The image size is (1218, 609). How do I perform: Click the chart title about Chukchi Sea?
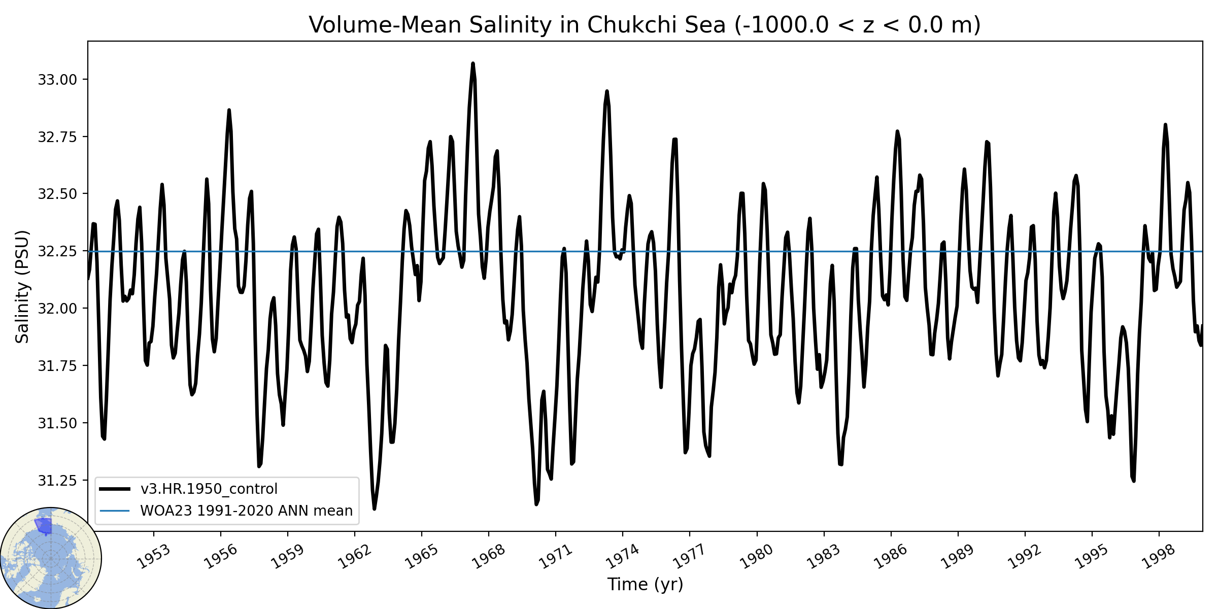click(x=645, y=24)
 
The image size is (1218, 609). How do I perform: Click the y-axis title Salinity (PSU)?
click(x=22, y=287)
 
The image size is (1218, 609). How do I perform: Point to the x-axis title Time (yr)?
click(x=645, y=584)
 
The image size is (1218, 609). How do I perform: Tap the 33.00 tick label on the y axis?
click(x=57, y=80)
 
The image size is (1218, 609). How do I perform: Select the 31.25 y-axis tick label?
click(x=57, y=480)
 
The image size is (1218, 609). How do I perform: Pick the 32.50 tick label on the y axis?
click(x=57, y=194)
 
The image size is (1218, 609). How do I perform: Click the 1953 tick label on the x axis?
click(x=154, y=556)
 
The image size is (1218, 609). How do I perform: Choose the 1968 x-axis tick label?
click(x=489, y=556)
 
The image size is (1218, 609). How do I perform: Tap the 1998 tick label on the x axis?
click(x=1159, y=556)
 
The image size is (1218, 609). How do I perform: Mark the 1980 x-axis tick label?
click(x=757, y=556)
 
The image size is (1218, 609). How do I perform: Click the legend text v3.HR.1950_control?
click(x=209, y=489)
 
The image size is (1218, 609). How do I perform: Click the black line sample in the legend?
click(x=115, y=489)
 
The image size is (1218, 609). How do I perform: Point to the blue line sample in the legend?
click(x=115, y=511)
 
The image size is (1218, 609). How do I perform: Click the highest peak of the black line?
click(x=473, y=63)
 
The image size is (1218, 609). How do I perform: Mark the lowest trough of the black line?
click(x=374, y=509)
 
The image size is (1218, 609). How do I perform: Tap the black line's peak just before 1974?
click(x=607, y=91)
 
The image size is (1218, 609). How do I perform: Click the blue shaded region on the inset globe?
click(x=44, y=526)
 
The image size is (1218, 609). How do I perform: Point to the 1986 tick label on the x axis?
click(x=891, y=556)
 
